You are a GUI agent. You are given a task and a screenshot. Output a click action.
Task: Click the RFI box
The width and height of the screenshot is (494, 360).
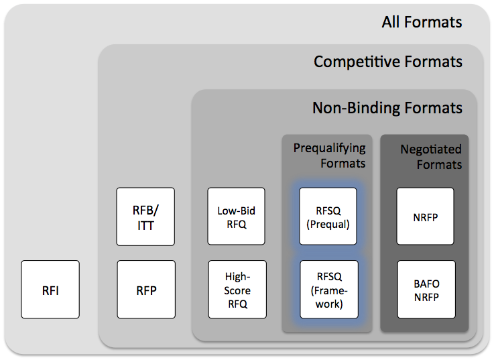[50, 290]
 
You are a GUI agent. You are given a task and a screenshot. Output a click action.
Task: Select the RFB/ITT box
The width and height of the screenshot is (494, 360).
[145, 217]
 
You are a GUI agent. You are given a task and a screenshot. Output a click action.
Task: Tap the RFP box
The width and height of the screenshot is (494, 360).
[146, 290]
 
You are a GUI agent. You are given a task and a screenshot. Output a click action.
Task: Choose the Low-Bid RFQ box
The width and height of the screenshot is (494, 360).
[237, 217]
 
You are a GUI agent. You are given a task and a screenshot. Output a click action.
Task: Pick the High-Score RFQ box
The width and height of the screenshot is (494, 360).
[237, 290]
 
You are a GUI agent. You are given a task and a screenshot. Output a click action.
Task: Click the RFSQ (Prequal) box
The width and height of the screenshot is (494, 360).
[328, 217]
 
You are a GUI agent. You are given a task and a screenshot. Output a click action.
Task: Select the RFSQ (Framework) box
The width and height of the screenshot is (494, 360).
[329, 290]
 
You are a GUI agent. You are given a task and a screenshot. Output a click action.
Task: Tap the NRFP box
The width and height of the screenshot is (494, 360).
[426, 217]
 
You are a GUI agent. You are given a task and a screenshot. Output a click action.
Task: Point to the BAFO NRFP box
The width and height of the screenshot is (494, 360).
[426, 290]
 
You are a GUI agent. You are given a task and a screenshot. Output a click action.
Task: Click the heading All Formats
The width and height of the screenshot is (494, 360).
[422, 22]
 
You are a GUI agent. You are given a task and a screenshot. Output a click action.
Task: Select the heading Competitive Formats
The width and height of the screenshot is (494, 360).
[388, 62]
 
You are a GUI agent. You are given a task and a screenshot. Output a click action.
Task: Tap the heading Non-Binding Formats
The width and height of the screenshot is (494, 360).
[387, 108]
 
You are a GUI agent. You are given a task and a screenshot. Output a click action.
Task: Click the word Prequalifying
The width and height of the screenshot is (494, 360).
[330, 148]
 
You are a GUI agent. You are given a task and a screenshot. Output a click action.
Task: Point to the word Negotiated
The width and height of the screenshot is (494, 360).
[431, 149]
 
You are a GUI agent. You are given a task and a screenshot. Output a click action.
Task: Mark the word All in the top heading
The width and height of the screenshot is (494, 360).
[391, 22]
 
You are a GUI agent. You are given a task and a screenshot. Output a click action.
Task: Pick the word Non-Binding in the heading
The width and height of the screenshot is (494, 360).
[357, 108]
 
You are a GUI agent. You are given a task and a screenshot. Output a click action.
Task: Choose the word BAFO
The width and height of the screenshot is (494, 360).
[426, 284]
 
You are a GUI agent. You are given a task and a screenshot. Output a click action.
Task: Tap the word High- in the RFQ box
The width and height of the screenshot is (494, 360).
[237, 277]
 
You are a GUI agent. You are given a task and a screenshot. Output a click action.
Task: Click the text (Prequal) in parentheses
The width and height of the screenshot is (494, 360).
[328, 224]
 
